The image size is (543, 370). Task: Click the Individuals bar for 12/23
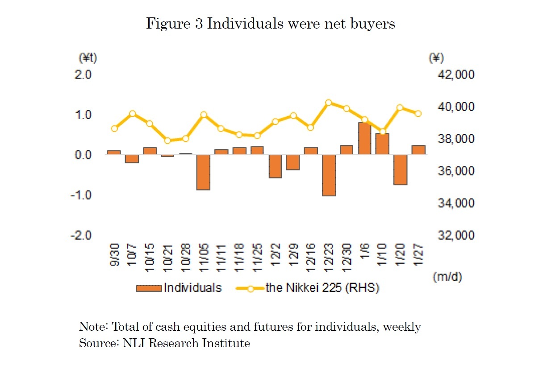click(x=329, y=175)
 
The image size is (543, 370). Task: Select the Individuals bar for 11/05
click(x=204, y=172)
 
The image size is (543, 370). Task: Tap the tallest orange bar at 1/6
click(x=364, y=138)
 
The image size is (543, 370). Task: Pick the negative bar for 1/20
click(x=401, y=170)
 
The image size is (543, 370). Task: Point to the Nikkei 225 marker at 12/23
click(x=329, y=102)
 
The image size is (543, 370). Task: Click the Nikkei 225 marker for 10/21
click(x=168, y=141)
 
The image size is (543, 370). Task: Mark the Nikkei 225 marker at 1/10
click(x=383, y=132)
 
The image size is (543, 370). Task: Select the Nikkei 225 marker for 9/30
click(x=114, y=129)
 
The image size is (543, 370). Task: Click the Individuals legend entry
click(x=192, y=287)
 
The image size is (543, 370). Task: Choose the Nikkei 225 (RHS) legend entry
click(x=322, y=287)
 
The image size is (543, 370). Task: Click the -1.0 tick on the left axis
click(x=81, y=195)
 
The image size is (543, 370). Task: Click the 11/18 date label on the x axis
click(x=239, y=255)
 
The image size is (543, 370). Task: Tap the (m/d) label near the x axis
click(x=447, y=277)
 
